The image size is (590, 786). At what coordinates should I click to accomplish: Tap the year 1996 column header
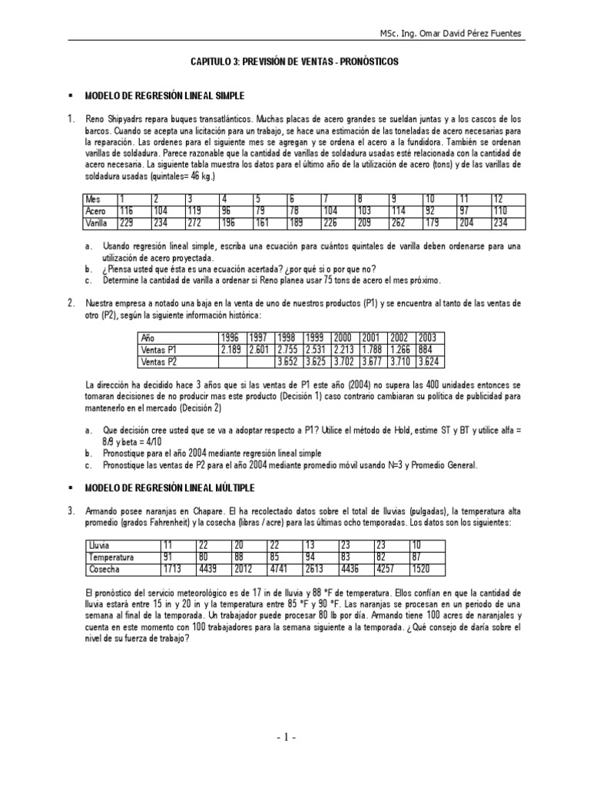point(231,337)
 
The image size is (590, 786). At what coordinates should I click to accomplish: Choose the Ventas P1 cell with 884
point(428,348)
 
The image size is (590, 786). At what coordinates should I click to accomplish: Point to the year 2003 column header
point(428,337)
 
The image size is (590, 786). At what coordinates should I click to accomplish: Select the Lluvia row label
point(100,545)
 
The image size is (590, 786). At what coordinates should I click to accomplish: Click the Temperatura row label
point(111,556)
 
